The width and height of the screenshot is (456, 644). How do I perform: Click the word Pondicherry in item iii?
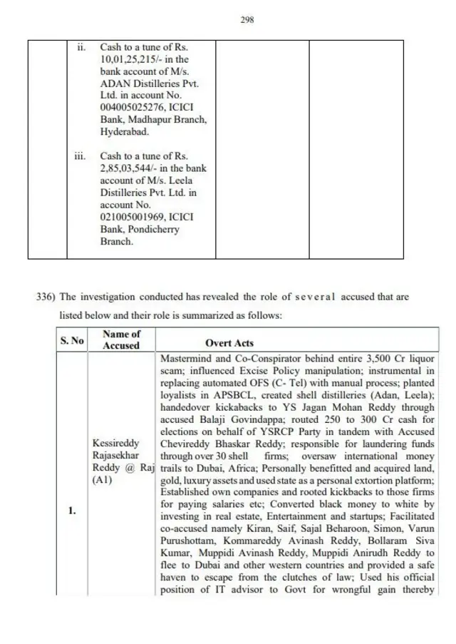point(155,229)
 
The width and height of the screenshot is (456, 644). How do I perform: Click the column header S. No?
point(71,341)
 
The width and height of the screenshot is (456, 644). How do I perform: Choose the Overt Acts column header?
point(229,343)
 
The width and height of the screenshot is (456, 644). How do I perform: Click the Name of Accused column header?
point(121,339)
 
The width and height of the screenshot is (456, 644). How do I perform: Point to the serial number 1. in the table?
point(72,511)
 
